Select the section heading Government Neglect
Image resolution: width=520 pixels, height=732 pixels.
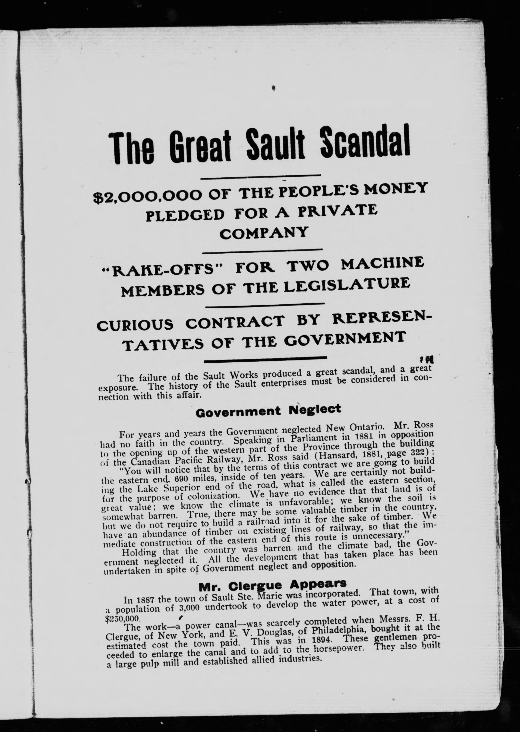pos(268,411)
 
